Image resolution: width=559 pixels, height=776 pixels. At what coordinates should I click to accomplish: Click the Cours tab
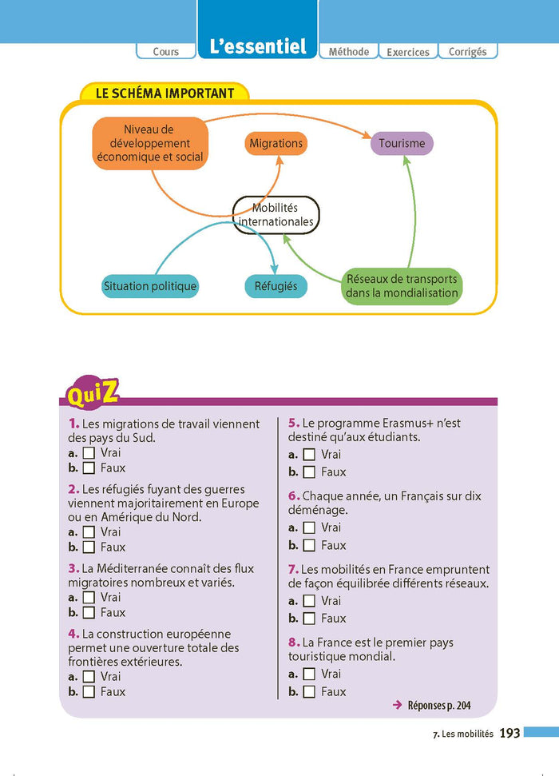click(166, 51)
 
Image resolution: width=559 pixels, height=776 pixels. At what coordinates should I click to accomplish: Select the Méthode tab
click(349, 51)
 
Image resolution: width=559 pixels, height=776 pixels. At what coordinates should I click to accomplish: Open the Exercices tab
click(408, 52)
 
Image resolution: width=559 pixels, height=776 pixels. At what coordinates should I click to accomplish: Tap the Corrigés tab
click(468, 51)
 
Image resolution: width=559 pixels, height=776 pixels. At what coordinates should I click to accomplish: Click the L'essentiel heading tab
click(257, 46)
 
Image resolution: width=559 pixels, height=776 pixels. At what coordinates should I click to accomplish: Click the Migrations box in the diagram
click(276, 144)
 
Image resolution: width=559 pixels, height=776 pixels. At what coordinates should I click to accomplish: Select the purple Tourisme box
click(402, 144)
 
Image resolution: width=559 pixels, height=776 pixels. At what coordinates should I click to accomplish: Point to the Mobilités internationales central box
click(276, 214)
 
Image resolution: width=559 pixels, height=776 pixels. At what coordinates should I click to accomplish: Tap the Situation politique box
click(150, 286)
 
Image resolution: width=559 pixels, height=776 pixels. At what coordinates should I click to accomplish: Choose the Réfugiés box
click(276, 286)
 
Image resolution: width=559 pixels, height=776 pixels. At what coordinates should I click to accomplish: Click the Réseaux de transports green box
click(402, 286)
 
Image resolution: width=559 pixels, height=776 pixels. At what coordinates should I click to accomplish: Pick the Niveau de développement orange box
click(149, 143)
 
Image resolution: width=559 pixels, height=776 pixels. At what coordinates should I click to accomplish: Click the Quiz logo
click(93, 392)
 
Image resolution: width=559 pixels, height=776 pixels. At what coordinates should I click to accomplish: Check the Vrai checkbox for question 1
click(89, 453)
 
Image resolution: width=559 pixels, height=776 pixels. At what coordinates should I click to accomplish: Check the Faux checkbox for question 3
click(89, 613)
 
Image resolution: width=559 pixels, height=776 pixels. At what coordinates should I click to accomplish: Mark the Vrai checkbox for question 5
click(309, 455)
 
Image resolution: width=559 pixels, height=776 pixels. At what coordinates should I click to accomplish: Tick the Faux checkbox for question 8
click(309, 692)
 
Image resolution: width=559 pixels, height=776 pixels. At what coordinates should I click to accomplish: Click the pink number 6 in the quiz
click(293, 496)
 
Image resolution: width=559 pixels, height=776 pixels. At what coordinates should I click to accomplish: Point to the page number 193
click(509, 733)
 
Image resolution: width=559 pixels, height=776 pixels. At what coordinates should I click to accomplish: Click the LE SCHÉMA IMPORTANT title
click(165, 93)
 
